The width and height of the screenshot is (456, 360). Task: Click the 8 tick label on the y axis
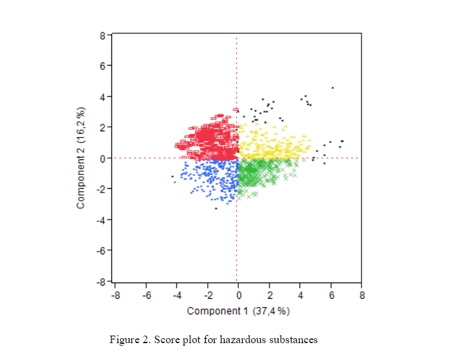pyautogui.click(x=103, y=36)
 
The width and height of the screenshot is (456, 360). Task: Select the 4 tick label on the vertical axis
pyautogui.click(x=103, y=97)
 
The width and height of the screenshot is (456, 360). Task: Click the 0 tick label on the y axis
pyautogui.click(x=103, y=158)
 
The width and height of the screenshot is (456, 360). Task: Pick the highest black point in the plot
pyautogui.click(x=332, y=88)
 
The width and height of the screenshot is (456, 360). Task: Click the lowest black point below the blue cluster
pyautogui.click(x=216, y=208)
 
